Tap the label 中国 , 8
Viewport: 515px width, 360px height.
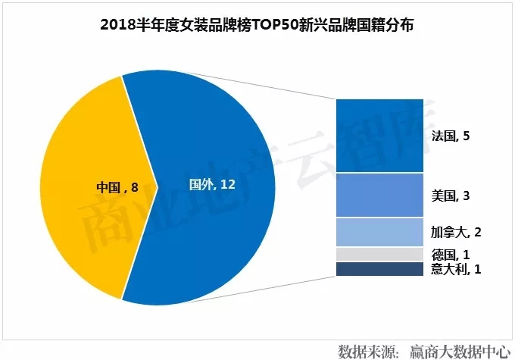[x=117, y=185]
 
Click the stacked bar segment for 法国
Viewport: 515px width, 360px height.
[x=379, y=136]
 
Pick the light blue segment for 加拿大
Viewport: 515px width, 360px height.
[x=379, y=232]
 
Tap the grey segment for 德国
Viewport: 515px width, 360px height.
[x=379, y=254]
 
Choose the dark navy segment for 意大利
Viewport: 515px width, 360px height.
[x=379, y=269]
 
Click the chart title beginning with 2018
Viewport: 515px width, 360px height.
[x=257, y=24]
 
